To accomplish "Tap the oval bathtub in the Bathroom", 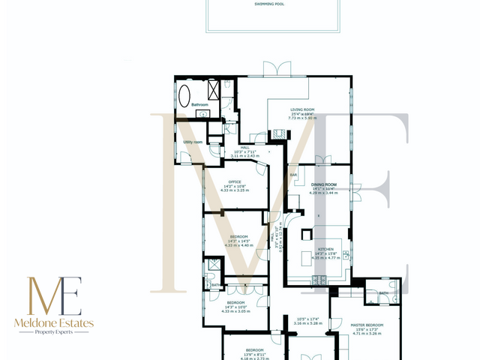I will [x=184, y=97].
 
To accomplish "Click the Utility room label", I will [x=193, y=142].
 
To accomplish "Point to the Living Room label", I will [x=302, y=110].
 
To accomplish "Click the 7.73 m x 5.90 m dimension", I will [x=302, y=118].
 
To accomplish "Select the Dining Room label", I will [x=325, y=184].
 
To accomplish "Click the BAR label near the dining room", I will [x=293, y=175].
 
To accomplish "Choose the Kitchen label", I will [x=325, y=248].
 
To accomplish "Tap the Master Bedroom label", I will [x=367, y=325].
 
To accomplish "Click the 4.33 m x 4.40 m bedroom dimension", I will [x=239, y=245].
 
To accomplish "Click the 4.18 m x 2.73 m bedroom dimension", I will [x=254, y=358].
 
